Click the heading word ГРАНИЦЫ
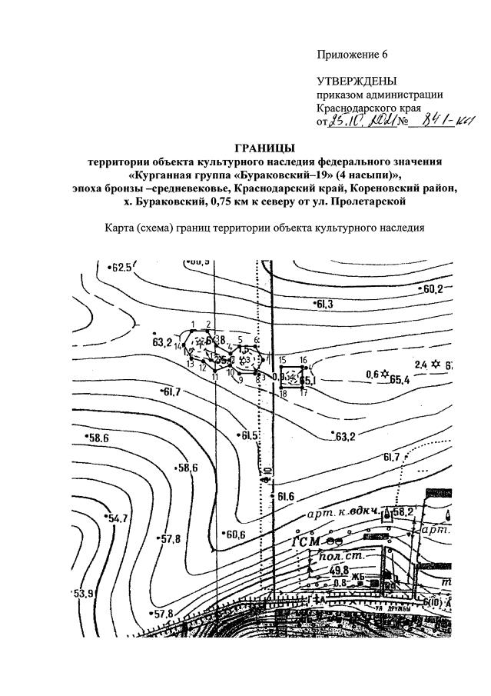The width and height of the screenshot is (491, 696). click(264, 148)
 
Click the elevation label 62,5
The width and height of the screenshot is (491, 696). click(121, 268)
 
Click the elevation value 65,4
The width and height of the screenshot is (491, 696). click(400, 379)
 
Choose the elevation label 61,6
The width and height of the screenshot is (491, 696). click(286, 496)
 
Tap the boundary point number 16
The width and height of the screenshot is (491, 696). click(304, 360)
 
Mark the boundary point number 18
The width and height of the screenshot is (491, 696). click(283, 394)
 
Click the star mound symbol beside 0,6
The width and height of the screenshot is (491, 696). click(385, 374)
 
